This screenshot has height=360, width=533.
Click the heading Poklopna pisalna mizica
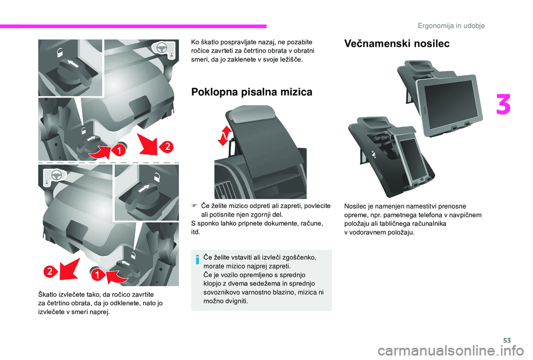tap(252, 92)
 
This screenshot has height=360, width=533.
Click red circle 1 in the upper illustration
tap(118, 150)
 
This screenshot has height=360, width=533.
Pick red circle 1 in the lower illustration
tap(98, 275)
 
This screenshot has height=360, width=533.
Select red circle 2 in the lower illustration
tap(50, 271)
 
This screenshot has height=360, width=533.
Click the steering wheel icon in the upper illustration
tap(162, 48)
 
